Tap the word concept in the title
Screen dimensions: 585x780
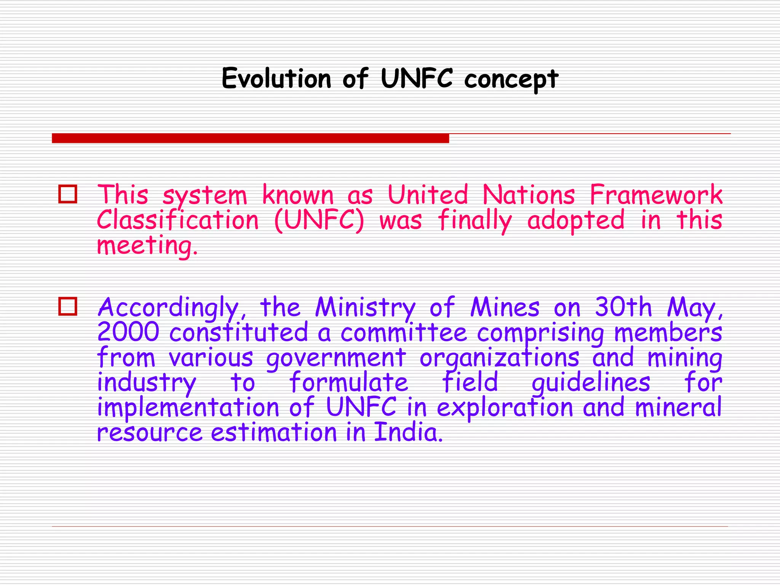[511, 79]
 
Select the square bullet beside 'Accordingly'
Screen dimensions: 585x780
[68, 306]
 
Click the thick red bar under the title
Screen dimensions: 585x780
[250, 138]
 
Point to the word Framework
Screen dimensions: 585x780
[655, 195]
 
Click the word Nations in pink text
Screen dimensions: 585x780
[528, 195]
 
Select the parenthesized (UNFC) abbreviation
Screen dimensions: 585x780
[319, 220]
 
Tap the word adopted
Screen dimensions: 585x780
[575, 220]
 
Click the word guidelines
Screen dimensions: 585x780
[591, 383]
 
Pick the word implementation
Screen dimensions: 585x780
[188, 408]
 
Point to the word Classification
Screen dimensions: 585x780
[177, 220]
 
